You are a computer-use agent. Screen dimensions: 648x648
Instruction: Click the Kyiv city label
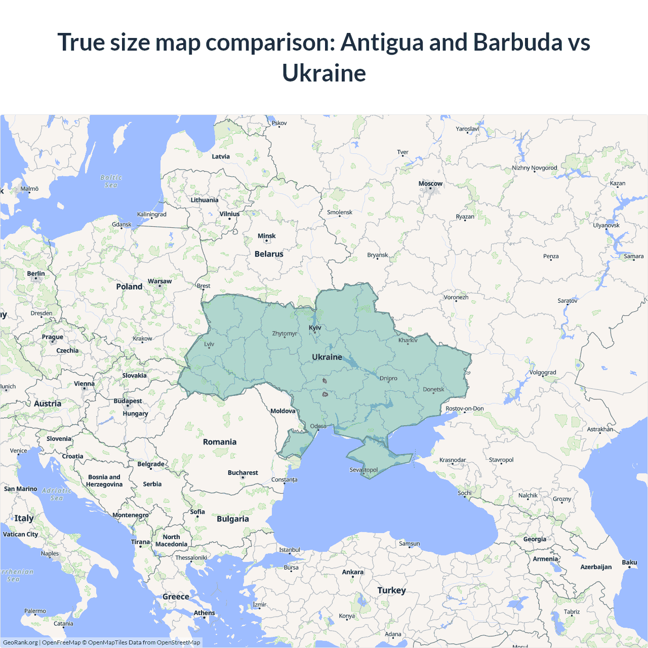point(315,328)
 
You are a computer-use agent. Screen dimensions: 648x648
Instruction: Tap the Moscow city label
point(430,184)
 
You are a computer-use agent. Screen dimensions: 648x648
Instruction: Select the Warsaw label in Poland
point(159,281)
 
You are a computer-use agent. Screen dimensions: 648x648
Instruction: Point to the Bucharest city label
point(242,473)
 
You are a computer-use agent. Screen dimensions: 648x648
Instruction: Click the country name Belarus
point(269,254)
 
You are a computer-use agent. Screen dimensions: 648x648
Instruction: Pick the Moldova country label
point(282,411)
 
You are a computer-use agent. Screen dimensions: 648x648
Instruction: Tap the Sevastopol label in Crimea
point(363,470)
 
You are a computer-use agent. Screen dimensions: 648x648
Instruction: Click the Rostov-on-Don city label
point(464,409)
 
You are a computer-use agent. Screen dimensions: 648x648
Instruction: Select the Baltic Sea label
point(111,181)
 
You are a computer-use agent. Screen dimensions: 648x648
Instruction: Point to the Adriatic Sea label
point(57,494)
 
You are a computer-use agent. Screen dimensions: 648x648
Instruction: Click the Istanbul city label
point(290,550)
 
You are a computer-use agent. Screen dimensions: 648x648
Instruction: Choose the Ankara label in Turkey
point(352,572)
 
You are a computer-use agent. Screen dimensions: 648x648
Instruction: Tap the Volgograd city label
point(542,373)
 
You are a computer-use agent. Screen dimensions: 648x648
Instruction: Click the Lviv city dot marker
point(209,348)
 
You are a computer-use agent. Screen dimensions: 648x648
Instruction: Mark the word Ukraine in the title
point(324,73)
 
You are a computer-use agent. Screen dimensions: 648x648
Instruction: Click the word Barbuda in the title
point(517,42)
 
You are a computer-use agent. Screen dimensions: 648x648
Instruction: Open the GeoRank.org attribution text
point(20,642)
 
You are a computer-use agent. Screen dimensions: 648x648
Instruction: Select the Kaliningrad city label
point(151,214)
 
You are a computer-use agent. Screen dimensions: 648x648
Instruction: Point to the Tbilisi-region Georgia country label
point(535,539)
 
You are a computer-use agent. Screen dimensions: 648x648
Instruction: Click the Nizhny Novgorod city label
point(534,168)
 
